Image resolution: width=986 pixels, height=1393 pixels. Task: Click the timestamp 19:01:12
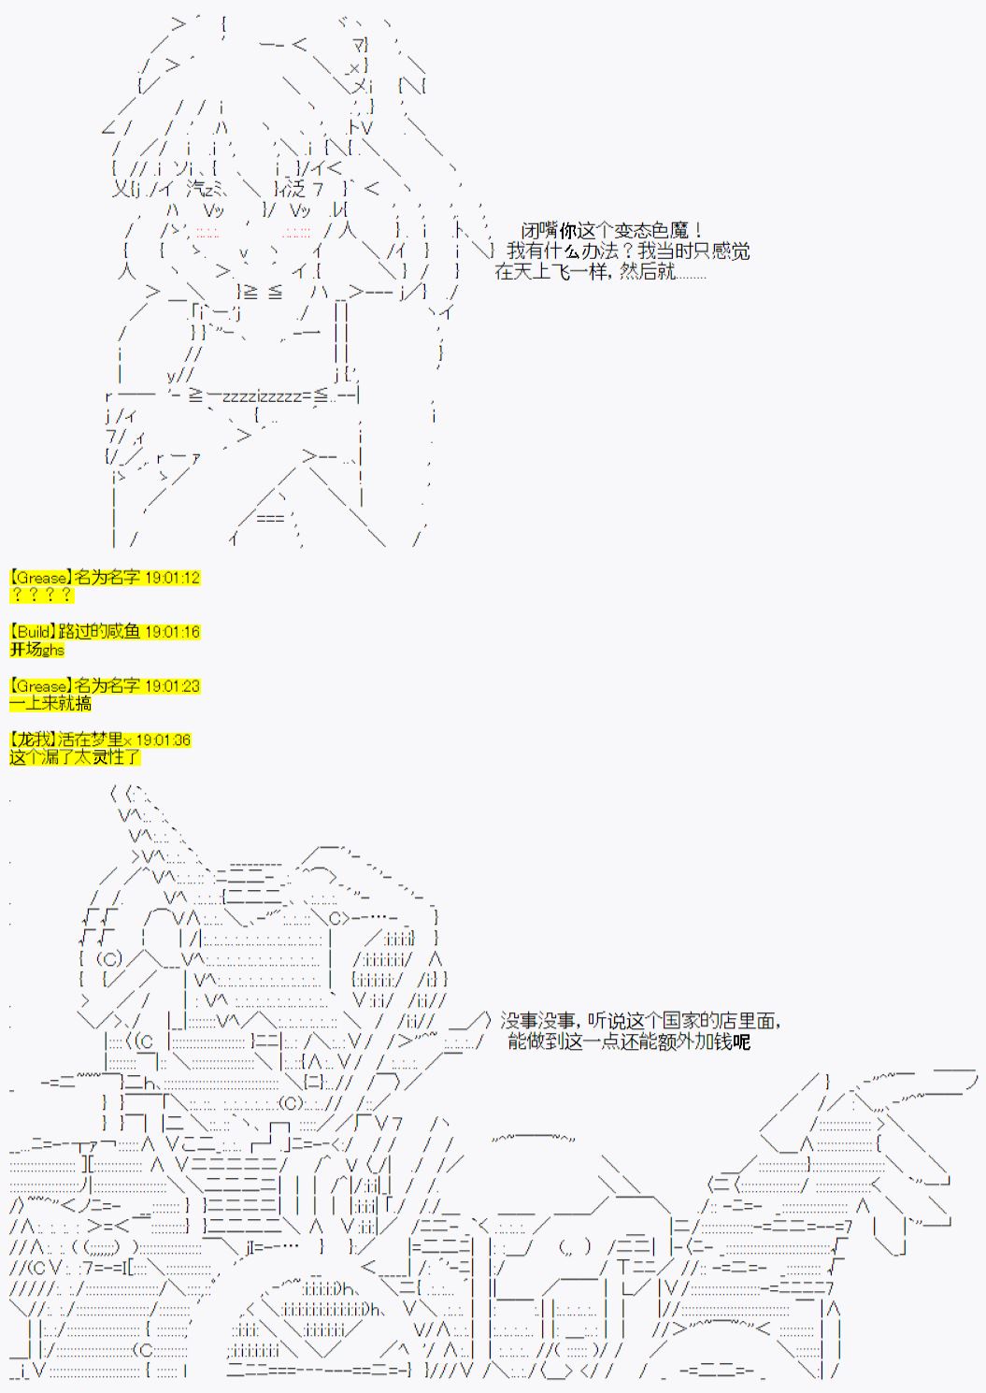click(x=172, y=578)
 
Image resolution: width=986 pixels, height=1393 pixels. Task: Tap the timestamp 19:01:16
click(x=172, y=632)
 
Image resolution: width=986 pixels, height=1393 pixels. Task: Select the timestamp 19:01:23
click(x=172, y=686)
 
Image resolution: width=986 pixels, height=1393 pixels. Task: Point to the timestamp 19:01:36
click(x=163, y=740)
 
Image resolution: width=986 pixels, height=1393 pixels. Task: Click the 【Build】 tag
click(x=33, y=632)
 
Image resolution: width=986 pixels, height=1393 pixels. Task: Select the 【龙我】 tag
click(x=33, y=740)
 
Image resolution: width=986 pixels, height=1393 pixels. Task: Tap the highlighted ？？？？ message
click(x=42, y=596)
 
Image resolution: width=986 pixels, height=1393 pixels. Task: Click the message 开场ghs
click(x=36, y=650)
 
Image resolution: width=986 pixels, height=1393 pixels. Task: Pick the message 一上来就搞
click(x=50, y=703)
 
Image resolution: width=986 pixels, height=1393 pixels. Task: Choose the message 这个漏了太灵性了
click(x=75, y=757)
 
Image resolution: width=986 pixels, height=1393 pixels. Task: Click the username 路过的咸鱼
click(x=99, y=632)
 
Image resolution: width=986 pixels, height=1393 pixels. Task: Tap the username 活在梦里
click(x=91, y=740)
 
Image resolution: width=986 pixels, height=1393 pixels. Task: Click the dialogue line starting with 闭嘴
click(x=612, y=231)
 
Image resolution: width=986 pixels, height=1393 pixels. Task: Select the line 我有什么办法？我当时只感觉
click(x=628, y=251)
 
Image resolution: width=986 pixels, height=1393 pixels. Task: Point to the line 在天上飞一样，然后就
click(x=600, y=271)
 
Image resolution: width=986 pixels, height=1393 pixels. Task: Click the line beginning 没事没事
click(x=640, y=1021)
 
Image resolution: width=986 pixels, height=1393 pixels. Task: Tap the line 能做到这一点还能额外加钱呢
click(x=629, y=1041)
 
